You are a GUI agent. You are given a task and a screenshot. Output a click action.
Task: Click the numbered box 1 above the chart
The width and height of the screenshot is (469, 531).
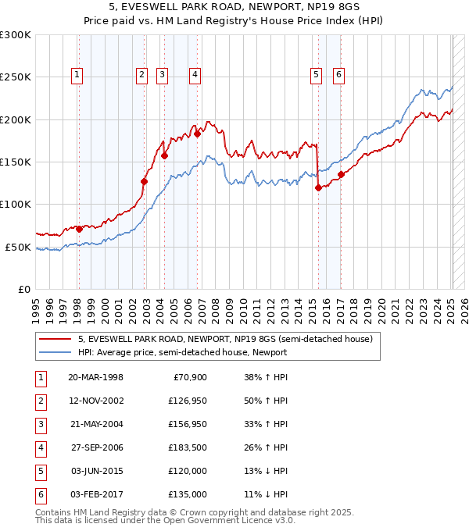coord(78,75)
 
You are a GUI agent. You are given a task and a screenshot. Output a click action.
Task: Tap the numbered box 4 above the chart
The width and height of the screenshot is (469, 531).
coord(195,75)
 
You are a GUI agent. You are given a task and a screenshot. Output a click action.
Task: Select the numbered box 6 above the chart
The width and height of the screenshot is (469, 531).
coord(339,75)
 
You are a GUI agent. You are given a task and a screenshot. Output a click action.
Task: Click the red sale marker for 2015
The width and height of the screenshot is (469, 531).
coord(318,187)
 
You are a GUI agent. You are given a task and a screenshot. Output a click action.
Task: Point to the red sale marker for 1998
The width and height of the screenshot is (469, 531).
coord(79,229)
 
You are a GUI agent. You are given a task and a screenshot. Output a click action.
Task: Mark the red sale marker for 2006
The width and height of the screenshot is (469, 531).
coord(198,134)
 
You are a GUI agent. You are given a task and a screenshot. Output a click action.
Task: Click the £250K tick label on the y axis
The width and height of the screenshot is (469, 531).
coord(16,77)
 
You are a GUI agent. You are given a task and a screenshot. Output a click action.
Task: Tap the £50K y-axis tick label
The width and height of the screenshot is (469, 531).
coord(19,247)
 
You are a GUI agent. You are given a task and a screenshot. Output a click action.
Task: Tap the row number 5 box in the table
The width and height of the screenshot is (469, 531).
coord(39,471)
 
